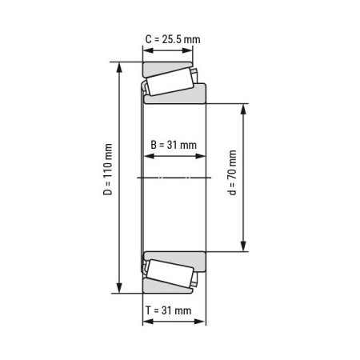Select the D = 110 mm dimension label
tap(107, 177)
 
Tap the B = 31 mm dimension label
tap(174, 145)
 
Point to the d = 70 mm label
tap(233, 177)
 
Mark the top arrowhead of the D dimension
tap(120, 66)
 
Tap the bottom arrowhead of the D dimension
tap(120, 288)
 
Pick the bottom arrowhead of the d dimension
tap(244, 246)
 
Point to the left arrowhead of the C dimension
tap(146, 50)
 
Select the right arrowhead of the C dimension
tap(189, 50)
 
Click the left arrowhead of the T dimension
tap(146, 322)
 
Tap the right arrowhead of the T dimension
tap(202, 322)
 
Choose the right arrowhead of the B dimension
tap(202, 158)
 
